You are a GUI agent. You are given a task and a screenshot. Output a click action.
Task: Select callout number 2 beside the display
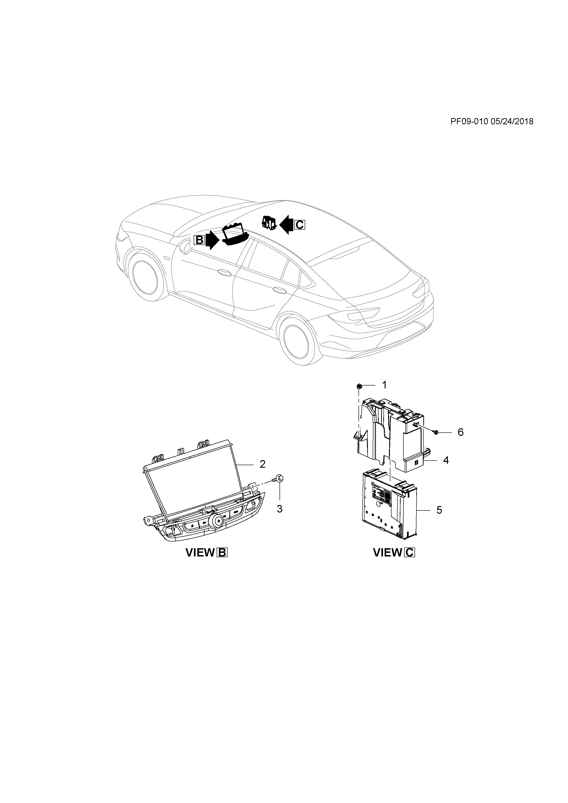(262, 464)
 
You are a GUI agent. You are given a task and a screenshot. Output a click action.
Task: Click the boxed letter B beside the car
(199, 240)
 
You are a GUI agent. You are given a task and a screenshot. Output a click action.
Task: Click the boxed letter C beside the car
(300, 225)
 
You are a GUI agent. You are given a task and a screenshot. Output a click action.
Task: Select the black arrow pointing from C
(287, 225)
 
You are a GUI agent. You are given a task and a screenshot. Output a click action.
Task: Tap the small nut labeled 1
(359, 386)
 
